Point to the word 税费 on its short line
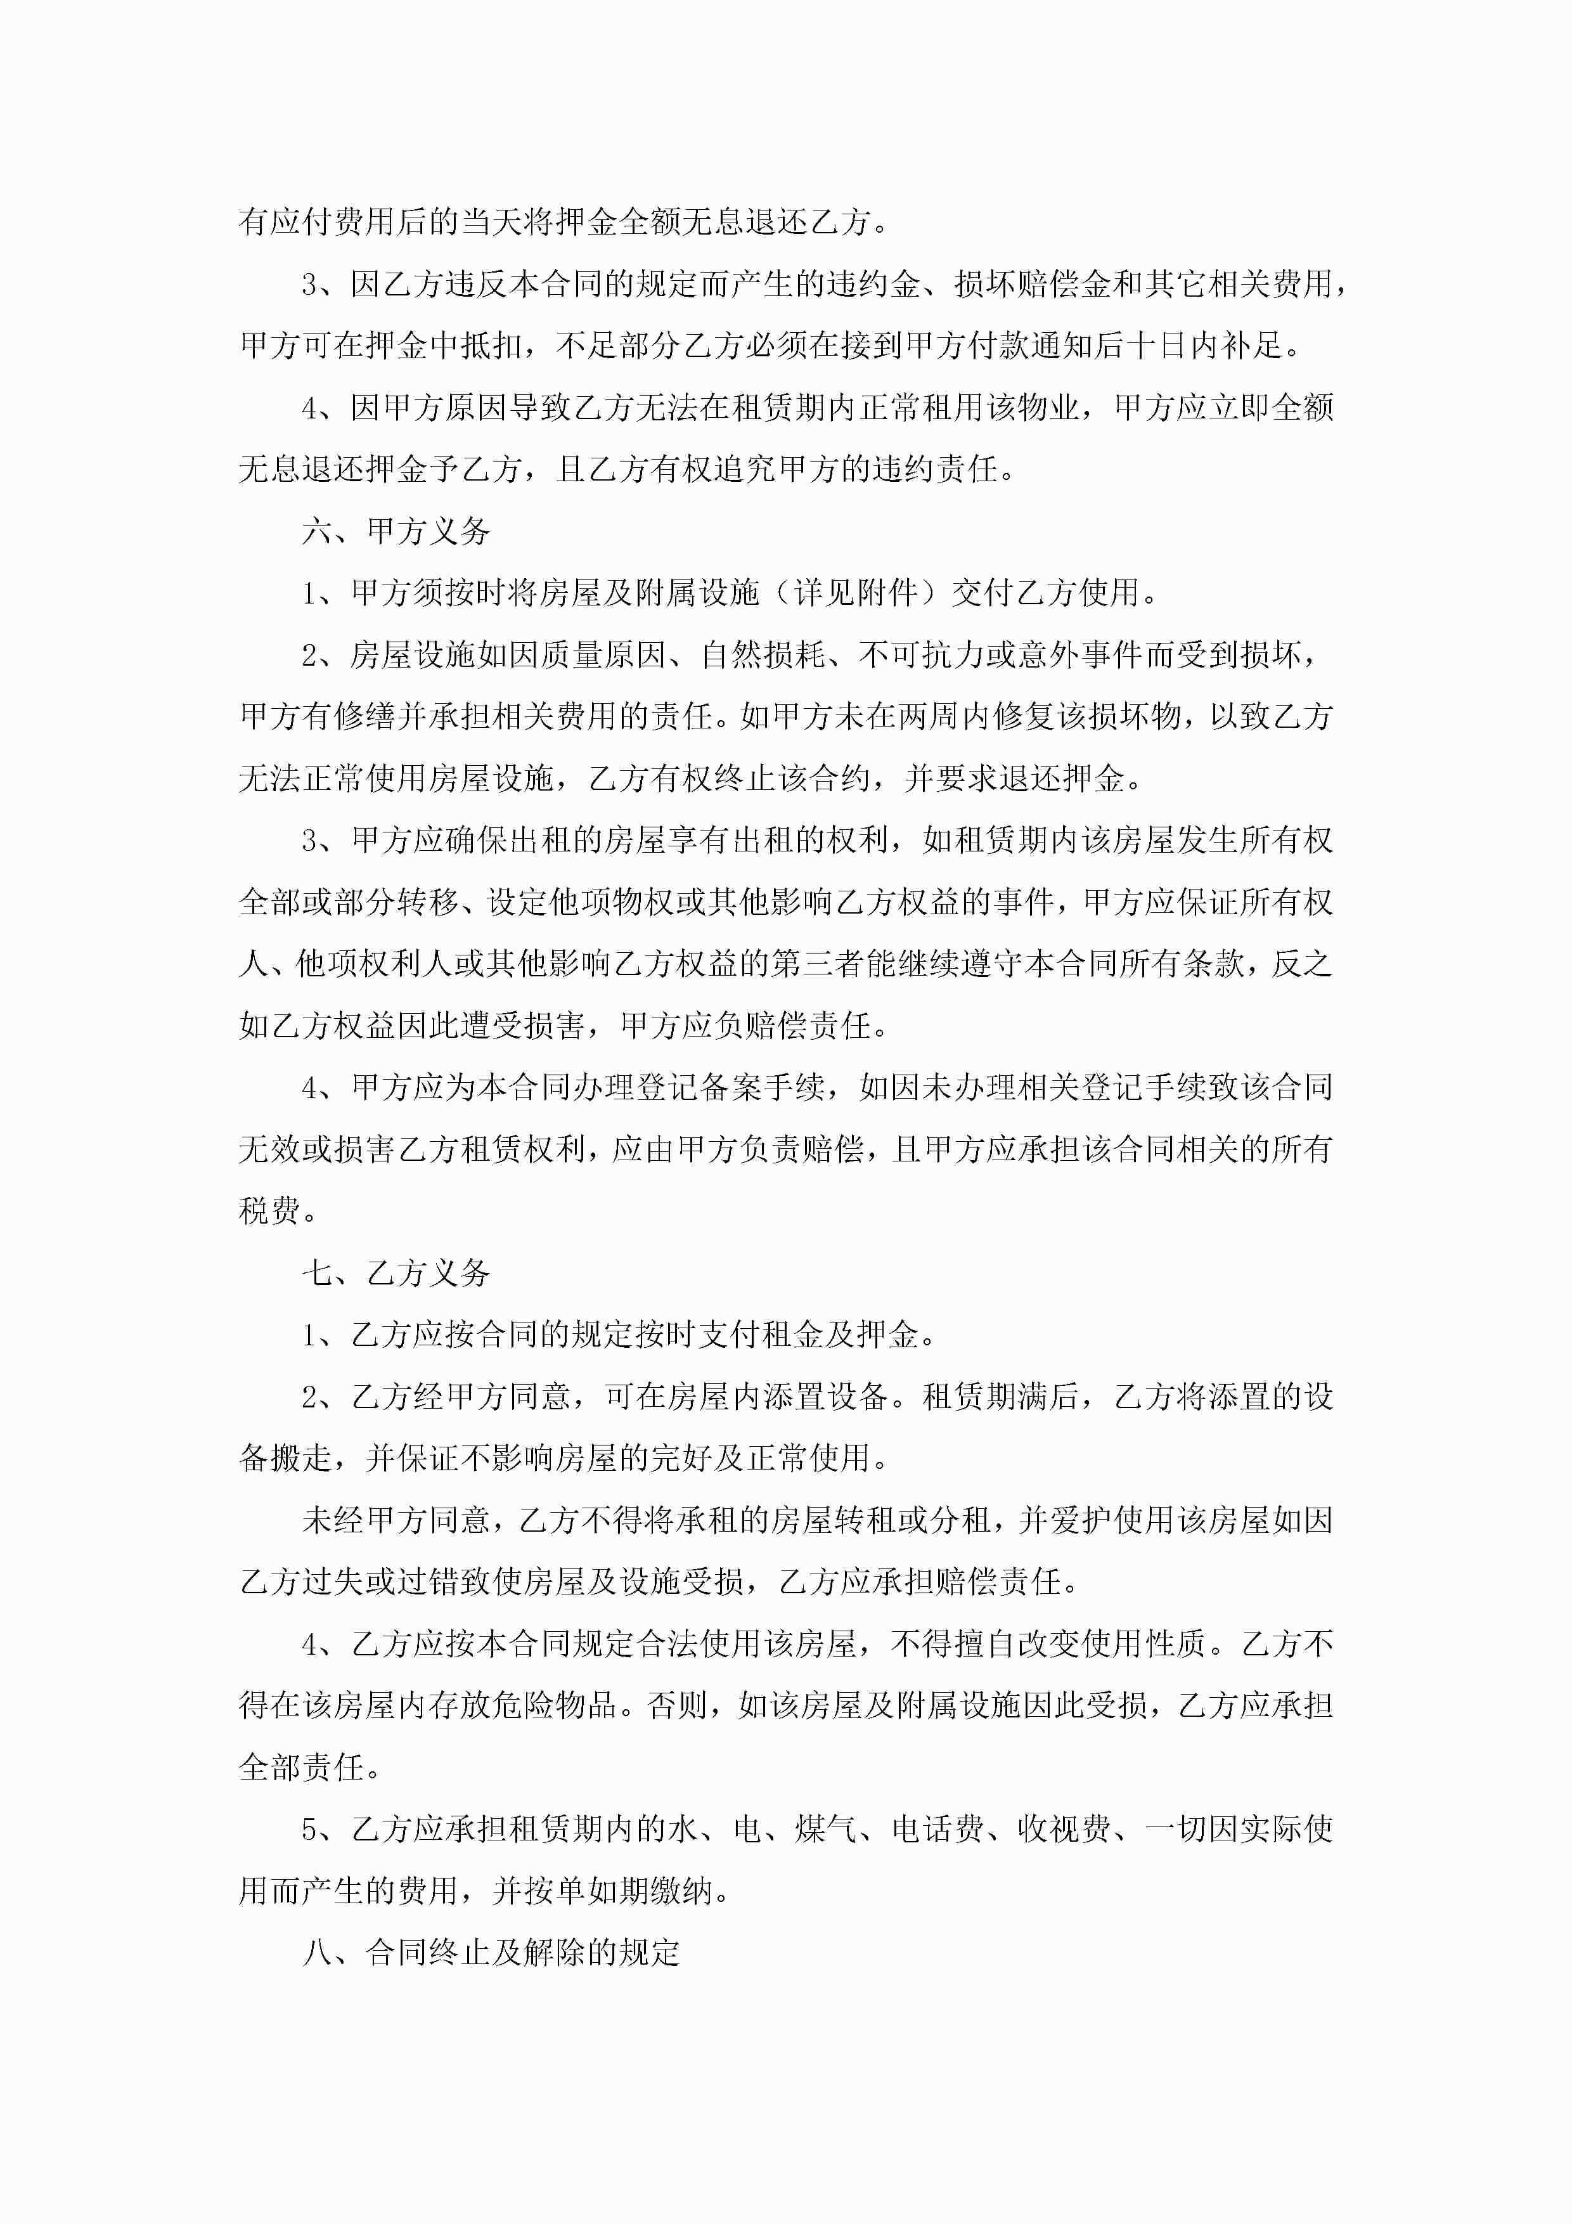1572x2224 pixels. click(269, 1211)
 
